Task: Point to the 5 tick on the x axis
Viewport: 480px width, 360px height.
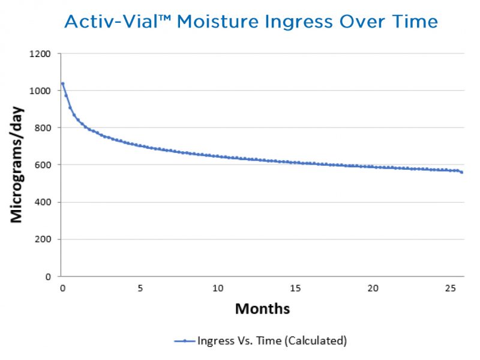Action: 140,288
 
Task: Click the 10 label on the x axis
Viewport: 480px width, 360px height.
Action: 217,288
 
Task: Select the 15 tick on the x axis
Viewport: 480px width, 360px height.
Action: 295,288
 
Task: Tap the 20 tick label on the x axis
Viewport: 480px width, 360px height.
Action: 372,288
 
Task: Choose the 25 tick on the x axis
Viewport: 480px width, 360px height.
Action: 449,288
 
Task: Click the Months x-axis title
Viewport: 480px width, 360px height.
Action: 262,309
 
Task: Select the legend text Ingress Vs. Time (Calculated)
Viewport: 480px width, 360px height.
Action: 272,341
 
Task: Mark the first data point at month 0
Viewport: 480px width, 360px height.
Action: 62,83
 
